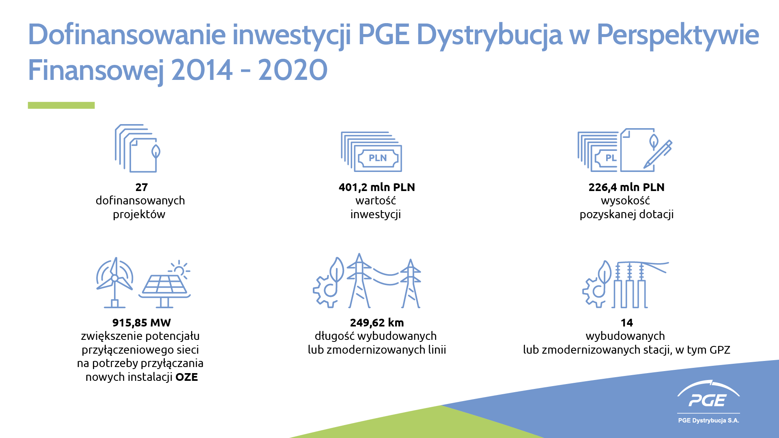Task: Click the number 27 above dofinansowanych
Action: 142,187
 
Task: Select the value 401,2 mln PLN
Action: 377,187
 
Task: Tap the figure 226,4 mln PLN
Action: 626,187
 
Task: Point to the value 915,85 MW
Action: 142,323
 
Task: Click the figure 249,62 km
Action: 377,323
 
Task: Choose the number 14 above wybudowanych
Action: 627,323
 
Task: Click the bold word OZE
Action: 187,377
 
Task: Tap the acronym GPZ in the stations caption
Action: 720,350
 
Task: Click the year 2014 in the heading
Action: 202,70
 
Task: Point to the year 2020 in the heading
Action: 293,70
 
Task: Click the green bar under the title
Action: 61,105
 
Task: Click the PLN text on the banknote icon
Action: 378,158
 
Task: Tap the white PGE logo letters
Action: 708,401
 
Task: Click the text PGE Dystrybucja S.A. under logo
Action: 709,421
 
